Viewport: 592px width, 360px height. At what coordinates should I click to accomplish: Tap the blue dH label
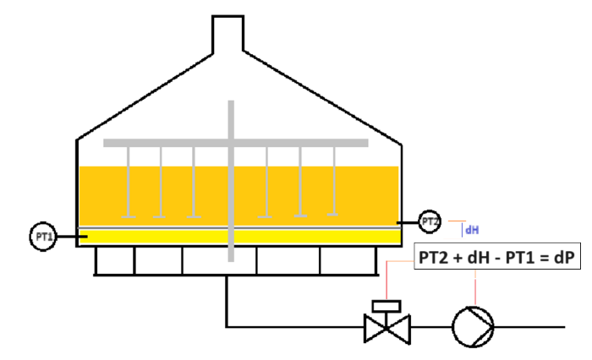[472, 230]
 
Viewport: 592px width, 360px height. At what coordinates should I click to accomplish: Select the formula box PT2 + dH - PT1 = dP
[497, 256]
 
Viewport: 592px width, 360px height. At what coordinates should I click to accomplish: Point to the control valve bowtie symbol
[387, 329]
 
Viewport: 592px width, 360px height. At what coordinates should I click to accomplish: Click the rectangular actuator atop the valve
[386, 306]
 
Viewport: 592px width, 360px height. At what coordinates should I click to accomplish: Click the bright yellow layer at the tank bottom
[239, 237]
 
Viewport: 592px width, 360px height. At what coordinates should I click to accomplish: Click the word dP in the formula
[564, 258]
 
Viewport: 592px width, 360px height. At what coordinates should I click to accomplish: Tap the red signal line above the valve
[386, 280]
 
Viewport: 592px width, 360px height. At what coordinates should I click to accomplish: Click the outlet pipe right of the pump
[529, 327]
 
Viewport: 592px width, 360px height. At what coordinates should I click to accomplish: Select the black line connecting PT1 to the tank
[72, 237]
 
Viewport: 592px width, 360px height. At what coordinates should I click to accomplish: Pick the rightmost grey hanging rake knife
[334, 181]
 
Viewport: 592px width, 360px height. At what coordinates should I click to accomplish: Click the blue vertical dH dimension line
[462, 230]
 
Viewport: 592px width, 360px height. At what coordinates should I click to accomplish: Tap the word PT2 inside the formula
[433, 258]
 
